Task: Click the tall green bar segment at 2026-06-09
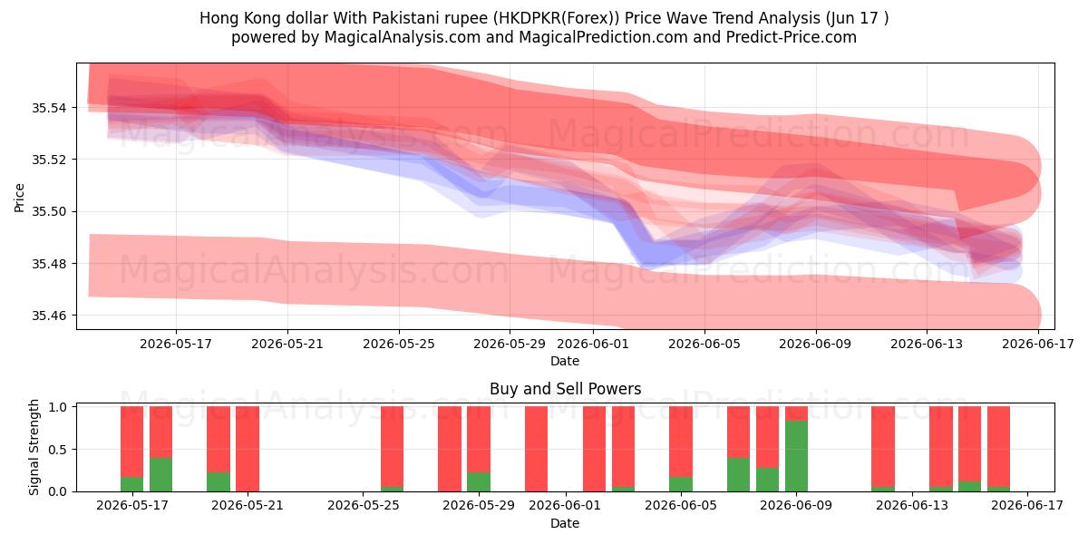coord(796,456)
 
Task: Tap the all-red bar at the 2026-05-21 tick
coord(248,449)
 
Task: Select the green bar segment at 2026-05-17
coord(131,484)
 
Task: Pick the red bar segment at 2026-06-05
coord(681,442)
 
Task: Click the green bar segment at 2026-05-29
coord(479,481)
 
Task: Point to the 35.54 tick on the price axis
coord(48,108)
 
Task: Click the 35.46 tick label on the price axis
coord(48,316)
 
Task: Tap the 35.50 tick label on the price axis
coord(48,212)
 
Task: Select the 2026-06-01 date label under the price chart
coord(593,344)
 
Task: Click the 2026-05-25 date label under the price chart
coord(399,344)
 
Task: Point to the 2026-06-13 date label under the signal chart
coord(912,506)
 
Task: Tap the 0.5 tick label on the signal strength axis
coord(58,450)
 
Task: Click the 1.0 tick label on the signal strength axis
coord(58,407)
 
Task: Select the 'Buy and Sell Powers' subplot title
coord(566,389)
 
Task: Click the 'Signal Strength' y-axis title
coord(34,447)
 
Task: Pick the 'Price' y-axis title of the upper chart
coord(19,198)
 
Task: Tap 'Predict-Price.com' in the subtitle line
coord(792,37)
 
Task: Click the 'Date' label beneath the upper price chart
coord(565,362)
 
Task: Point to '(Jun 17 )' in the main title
coord(857,18)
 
